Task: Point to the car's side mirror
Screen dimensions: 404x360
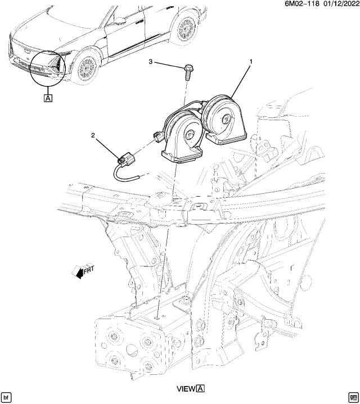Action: click(120, 21)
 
